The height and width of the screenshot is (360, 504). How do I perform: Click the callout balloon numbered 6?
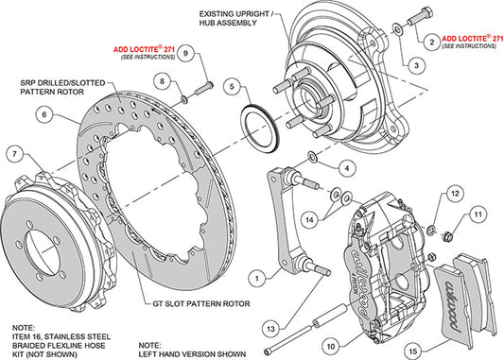pos(43,116)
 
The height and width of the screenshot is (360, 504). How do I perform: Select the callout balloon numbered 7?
pos(14,154)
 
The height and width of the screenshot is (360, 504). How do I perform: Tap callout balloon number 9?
pos(186,55)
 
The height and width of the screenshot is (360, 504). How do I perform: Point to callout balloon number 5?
pos(231,87)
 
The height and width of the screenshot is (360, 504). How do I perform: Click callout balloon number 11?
pos(477,215)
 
